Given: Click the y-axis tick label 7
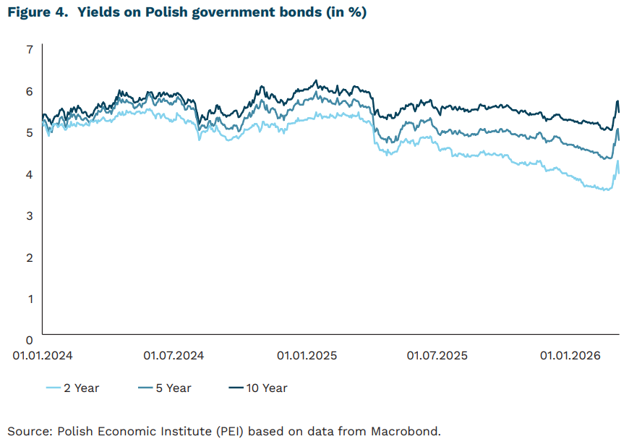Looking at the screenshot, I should point(30,49).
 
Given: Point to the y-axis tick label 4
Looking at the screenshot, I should point(30,174).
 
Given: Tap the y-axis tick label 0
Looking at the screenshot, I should point(30,339).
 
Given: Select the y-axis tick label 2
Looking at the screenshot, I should point(30,257).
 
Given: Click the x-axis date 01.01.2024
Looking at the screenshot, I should point(42,356).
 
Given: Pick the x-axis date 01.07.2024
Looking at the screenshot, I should point(174,356).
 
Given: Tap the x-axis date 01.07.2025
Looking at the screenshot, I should point(437,356).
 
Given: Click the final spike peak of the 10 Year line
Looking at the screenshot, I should point(617,101).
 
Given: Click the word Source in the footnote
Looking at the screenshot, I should point(27,431).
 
